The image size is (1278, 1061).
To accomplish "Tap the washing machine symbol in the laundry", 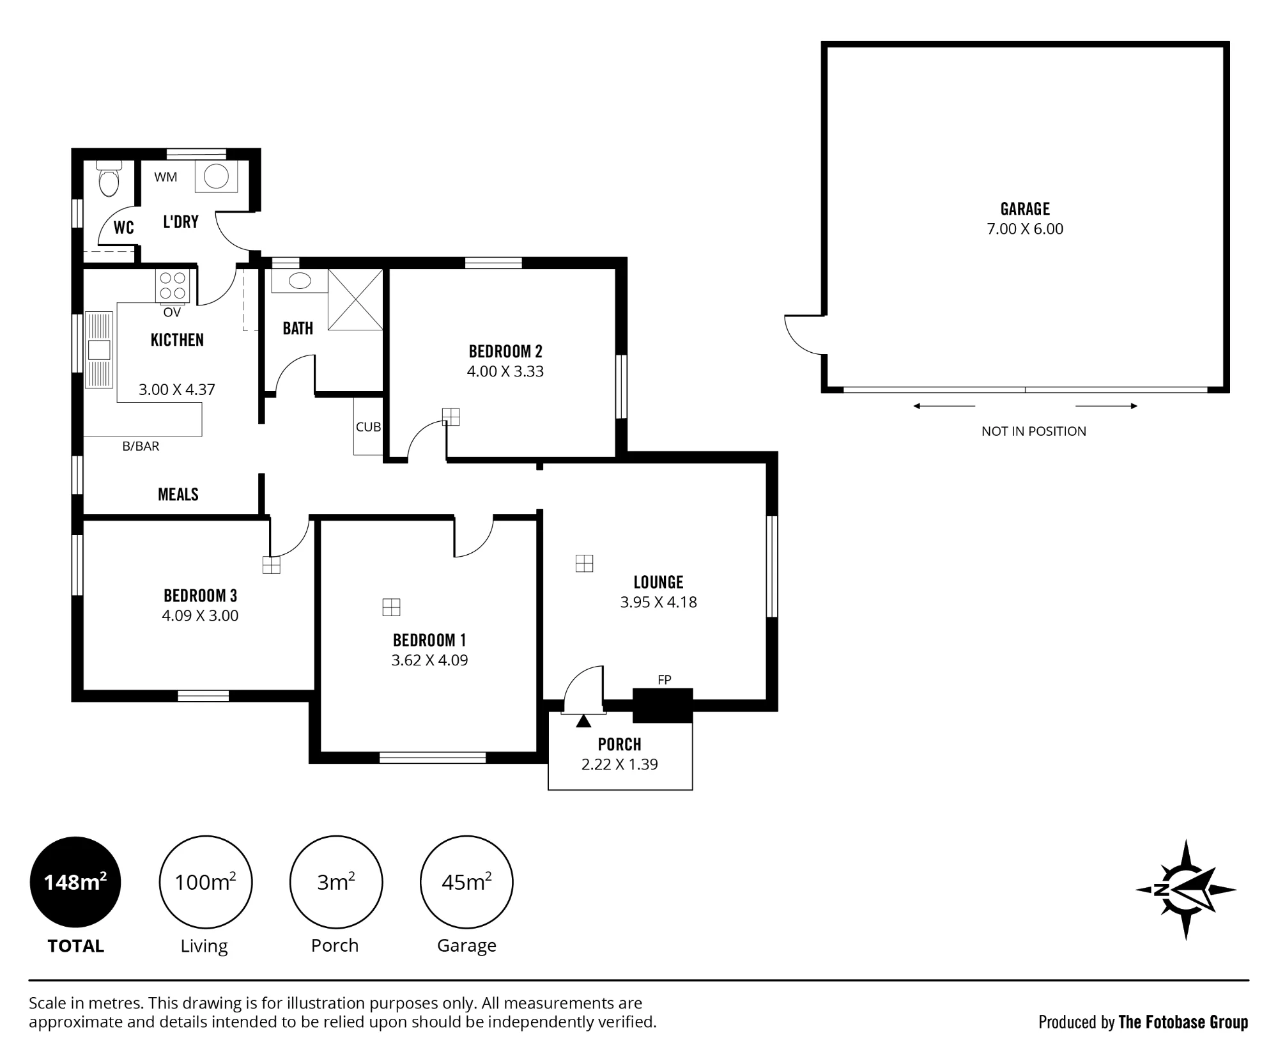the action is [216, 176].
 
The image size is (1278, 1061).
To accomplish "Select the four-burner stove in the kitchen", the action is [173, 286].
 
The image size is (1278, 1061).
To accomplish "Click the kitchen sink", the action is [99, 350].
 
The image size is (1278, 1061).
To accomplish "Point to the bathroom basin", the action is [300, 281].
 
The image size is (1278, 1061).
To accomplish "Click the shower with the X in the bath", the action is [355, 299].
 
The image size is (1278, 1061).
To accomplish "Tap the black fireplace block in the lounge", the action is [663, 705].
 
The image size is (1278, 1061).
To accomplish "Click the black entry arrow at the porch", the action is [583, 721].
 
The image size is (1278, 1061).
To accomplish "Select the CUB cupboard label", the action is [368, 427].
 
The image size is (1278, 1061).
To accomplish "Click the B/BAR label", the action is [141, 446].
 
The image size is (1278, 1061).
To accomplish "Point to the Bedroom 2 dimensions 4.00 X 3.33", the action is [505, 371].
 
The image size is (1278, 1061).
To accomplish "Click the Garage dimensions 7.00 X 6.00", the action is [1025, 229].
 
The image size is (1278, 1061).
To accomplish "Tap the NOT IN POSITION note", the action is [1034, 431].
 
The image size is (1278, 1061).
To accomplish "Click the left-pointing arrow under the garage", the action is [944, 406].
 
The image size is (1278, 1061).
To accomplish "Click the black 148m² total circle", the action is [75, 882].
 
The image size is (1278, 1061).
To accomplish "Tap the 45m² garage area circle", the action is [466, 882].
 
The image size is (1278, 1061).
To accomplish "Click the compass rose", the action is [1186, 889].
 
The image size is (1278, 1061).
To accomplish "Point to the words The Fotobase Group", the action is [1183, 1022].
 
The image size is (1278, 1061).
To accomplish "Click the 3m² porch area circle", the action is [336, 882].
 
